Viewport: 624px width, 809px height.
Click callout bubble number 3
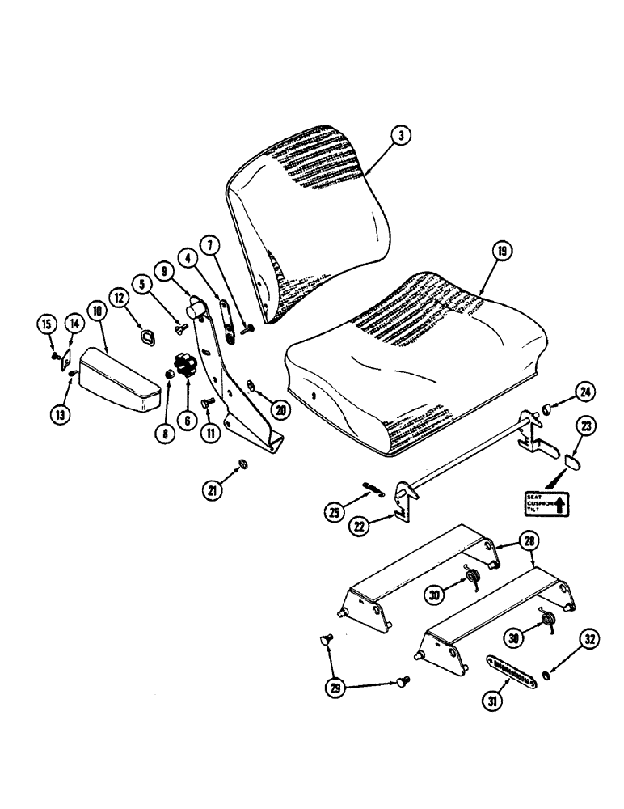click(x=400, y=135)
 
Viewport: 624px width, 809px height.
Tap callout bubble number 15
click(x=49, y=325)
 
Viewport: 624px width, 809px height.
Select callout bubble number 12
click(x=121, y=300)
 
